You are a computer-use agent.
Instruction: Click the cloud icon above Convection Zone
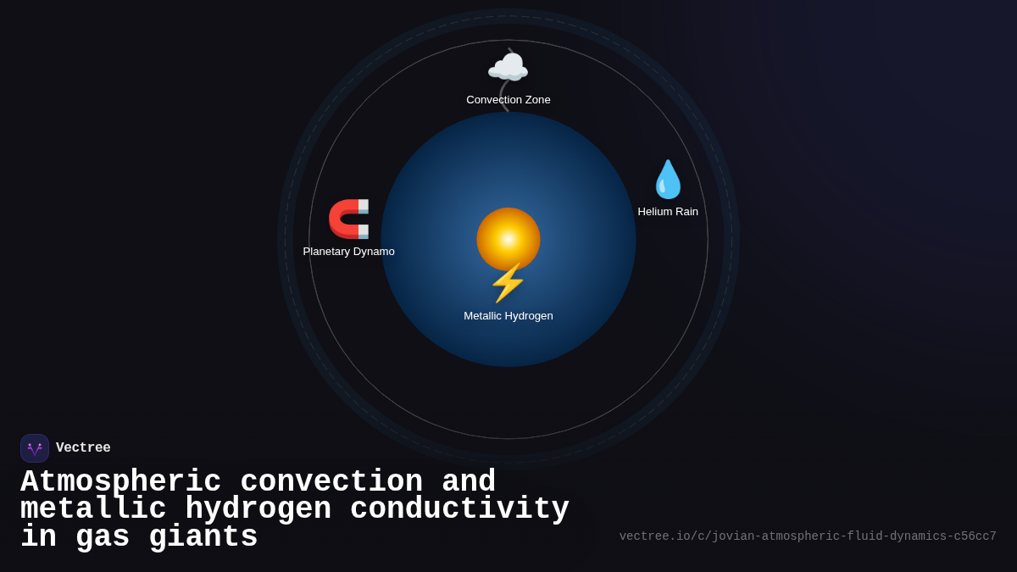click(508, 67)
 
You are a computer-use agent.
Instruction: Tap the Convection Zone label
click(508, 100)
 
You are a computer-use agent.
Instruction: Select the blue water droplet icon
click(668, 180)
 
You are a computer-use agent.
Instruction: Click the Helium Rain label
click(668, 212)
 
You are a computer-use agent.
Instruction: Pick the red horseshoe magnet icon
click(348, 219)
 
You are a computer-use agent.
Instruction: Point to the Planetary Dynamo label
click(348, 252)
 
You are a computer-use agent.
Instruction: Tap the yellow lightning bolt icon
click(508, 283)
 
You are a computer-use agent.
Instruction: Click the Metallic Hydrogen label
click(508, 316)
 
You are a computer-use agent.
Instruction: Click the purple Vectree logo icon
click(35, 448)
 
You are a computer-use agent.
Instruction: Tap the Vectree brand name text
click(83, 448)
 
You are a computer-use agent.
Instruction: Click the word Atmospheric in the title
click(120, 482)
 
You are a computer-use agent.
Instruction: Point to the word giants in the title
click(203, 537)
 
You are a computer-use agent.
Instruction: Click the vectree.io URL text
click(807, 536)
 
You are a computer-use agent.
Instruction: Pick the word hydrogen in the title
click(258, 509)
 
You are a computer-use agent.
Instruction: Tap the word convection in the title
click(331, 482)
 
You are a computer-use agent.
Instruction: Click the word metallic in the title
click(93, 509)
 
